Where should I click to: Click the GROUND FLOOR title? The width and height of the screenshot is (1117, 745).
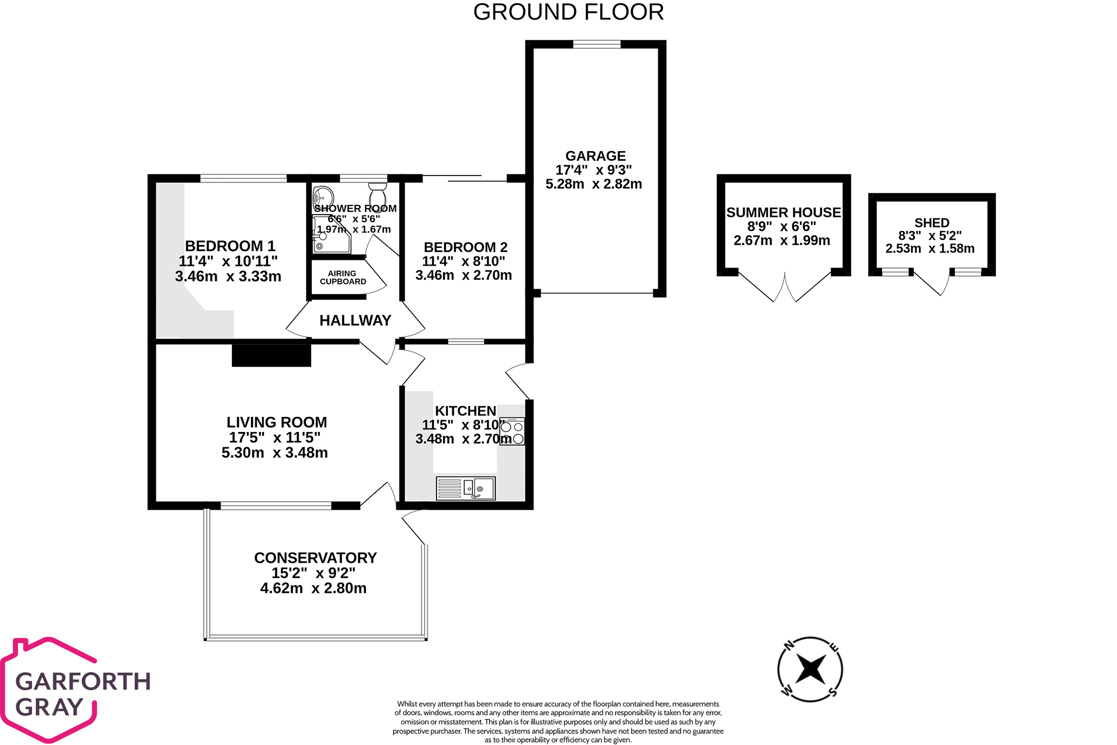tap(568, 12)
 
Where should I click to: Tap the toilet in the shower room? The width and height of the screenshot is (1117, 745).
tap(377, 195)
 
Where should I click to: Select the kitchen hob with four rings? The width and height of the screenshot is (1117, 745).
tap(512, 431)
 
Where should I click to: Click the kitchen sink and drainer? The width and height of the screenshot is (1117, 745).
tap(466, 488)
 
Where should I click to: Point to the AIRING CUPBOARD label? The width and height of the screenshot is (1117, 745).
tap(343, 278)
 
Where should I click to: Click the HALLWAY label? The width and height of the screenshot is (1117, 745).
tap(355, 321)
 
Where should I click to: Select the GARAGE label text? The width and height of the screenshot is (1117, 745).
tap(595, 156)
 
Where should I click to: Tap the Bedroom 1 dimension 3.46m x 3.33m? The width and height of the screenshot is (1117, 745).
tap(228, 277)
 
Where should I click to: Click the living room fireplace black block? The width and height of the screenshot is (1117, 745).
tap(271, 355)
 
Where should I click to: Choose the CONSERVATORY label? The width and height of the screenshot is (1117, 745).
tap(315, 558)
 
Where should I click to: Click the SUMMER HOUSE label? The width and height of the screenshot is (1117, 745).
tap(783, 212)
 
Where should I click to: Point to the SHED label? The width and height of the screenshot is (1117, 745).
tap(931, 223)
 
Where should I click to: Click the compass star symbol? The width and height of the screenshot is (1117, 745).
tap(810, 669)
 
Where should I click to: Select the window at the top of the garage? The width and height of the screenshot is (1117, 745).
tap(596, 45)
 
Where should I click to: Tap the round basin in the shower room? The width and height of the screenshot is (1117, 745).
tap(324, 195)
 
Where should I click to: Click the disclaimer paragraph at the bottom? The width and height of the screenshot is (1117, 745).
tap(558, 722)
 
